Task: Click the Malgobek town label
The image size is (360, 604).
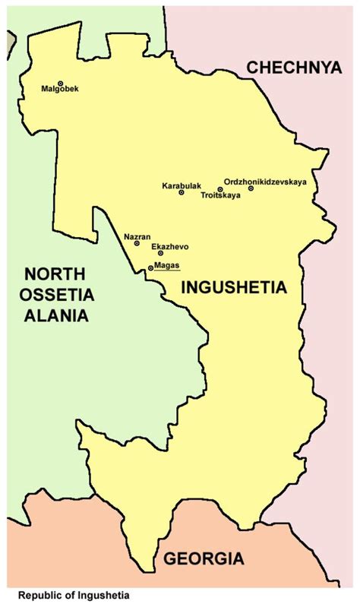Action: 60,90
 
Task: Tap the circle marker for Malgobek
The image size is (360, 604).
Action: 60,84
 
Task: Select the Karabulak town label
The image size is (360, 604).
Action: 179,185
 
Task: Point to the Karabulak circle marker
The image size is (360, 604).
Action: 182,193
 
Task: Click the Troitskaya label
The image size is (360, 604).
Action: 220,196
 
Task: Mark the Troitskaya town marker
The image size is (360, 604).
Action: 220,189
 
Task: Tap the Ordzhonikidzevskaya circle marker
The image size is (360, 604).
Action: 251,188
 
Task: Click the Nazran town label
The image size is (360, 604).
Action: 137,236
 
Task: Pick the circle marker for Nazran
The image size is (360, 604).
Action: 137,244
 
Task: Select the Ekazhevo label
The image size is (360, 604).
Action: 170,247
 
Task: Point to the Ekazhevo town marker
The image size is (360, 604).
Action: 160,253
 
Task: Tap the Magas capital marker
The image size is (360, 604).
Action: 150,268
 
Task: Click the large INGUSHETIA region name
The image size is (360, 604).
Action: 233,289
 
